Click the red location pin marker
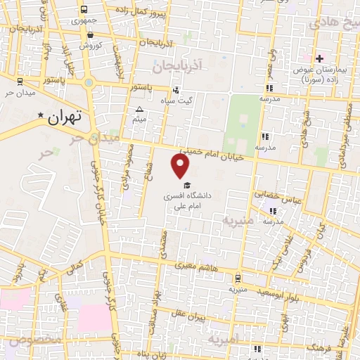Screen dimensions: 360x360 [x=181, y=166]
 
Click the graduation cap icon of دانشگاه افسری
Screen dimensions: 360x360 [x=186, y=185]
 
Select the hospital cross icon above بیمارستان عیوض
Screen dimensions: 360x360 [x=319, y=58]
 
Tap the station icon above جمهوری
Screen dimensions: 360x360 [x=84, y=10]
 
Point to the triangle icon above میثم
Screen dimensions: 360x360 [x=139, y=110]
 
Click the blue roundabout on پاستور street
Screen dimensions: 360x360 [x=89, y=82]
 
